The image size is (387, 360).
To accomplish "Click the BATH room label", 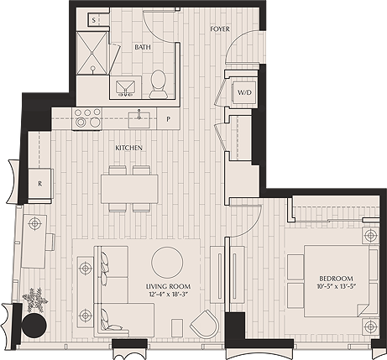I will coord(144,47).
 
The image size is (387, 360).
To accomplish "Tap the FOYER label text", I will coord(220,29).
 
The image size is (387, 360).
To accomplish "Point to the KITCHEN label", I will coord(128,149).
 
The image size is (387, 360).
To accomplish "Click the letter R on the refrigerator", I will coord(39,182).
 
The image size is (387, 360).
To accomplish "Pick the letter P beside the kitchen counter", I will coord(169,119).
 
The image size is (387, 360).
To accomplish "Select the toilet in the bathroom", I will coord(158,81).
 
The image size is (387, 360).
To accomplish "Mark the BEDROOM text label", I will coord(336,278).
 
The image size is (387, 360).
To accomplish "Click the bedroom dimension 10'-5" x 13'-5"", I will coord(336,287).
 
